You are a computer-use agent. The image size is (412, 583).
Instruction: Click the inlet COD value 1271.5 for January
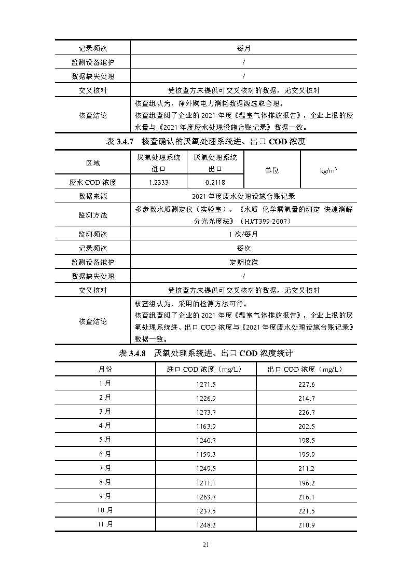coord(206,384)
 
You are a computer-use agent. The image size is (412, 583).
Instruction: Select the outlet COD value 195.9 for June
coord(306,454)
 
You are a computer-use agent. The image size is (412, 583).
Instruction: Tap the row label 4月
coord(105,426)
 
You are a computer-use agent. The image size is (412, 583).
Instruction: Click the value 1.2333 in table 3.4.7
coord(158,182)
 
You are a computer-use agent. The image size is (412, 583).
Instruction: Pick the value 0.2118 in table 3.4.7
coord(215,182)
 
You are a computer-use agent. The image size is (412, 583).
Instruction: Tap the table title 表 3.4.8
coord(205,354)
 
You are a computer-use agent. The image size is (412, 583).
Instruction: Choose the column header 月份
coord(105,369)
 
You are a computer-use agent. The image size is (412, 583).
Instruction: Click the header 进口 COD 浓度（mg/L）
coord(206,369)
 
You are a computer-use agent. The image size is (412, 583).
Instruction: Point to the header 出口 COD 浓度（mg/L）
coord(306,369)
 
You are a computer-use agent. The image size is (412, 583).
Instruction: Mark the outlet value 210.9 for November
coord(306,525)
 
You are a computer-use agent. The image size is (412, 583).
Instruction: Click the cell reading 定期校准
coord(243,262)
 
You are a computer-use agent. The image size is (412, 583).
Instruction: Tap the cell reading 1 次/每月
coord(243,234)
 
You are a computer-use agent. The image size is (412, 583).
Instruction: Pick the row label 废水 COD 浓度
coord(93,182)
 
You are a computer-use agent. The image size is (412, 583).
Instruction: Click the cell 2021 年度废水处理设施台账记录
coord(243,196)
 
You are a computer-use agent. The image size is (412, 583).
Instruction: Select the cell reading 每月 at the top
coord(243,48)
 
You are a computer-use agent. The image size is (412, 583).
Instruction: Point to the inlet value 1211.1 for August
coord(206,482)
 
